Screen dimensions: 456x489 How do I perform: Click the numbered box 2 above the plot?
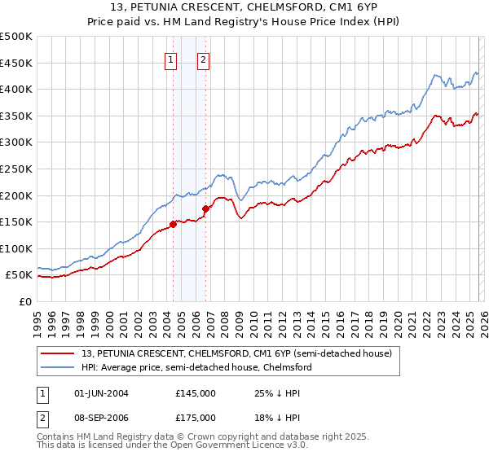pyautogui.click(x=203, y=59)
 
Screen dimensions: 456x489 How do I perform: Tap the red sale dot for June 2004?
pyautogui.click(x=173, y=224)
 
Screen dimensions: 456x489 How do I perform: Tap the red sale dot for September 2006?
pyautogui.click(x=205, y=208)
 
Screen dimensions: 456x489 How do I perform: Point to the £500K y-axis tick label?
pyautogui.click(x=16, y=37)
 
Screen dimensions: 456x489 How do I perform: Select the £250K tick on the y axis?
pyautogui.click(x=16, y=169)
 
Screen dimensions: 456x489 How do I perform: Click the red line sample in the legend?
pyautogui.click(x=59, y=353)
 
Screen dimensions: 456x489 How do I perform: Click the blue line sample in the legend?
pyautogui.click(x=59, y=367)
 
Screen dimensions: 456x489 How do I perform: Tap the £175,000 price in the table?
pyautogui.click(x=196, y=417)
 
